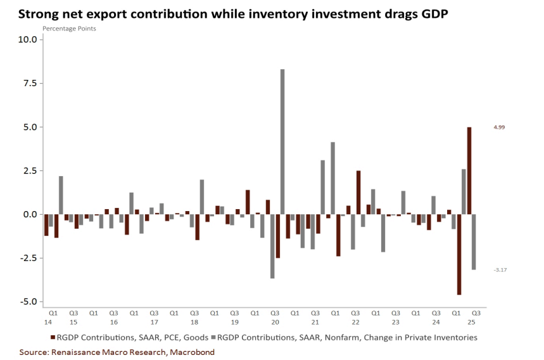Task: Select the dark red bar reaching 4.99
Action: pyautogui.click(x=469, y=170)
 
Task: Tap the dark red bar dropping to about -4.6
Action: pyautogui.click(x=459, y=254)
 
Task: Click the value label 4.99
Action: pyautogui.click(x=500, y=127)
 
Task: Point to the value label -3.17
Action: pyautogui.click(x=500, y=270)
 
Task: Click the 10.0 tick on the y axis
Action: pyautogui.click(x=29, y=39)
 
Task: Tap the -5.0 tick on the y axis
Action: pyautogui.click(x=29, y=302)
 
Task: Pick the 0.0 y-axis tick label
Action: pyautogui.click(x=31, y=214)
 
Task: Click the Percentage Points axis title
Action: pyautogui.click(x=70, y=29)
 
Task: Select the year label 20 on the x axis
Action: pyautogui.click(x=275, y=322)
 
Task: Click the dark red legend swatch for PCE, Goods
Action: pyautogui.click(x=52, y=338)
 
